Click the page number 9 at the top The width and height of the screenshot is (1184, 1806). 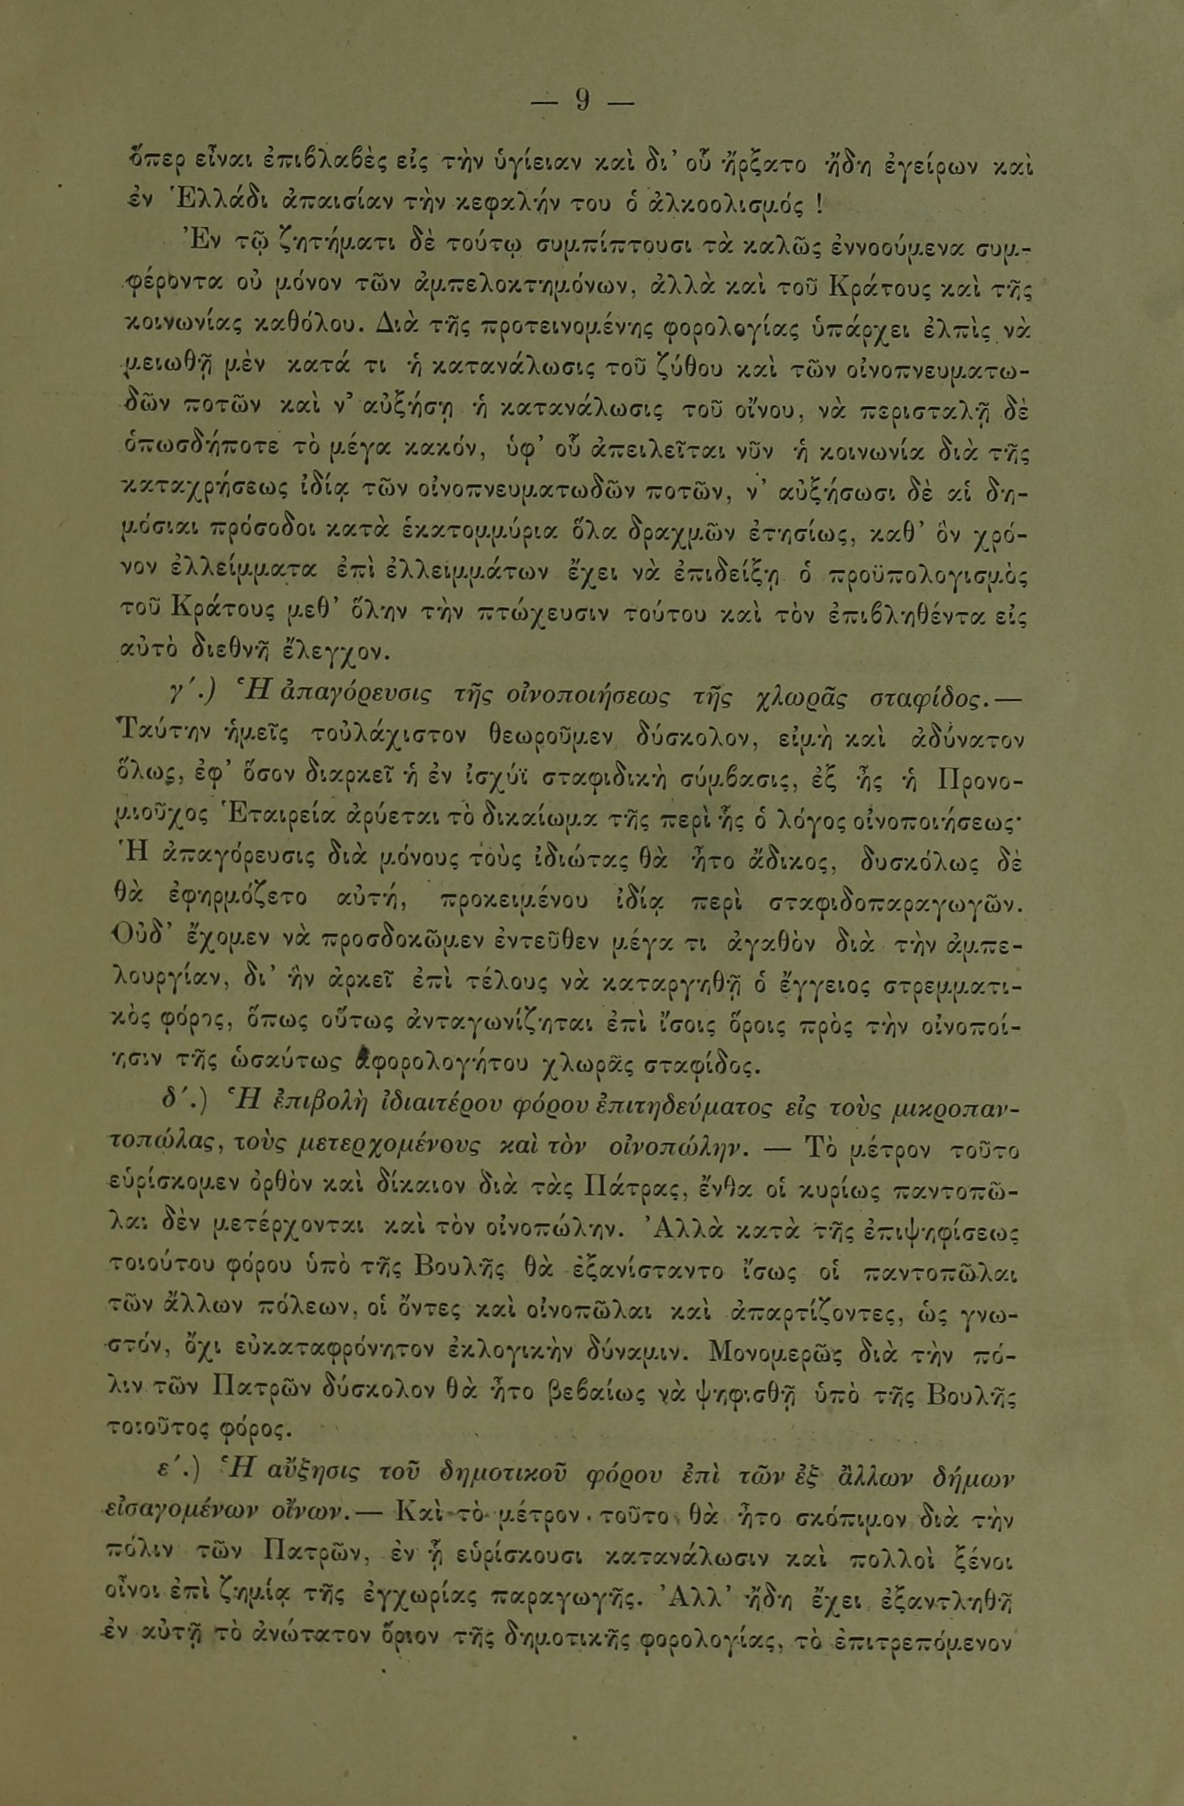tap(583, 101)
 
